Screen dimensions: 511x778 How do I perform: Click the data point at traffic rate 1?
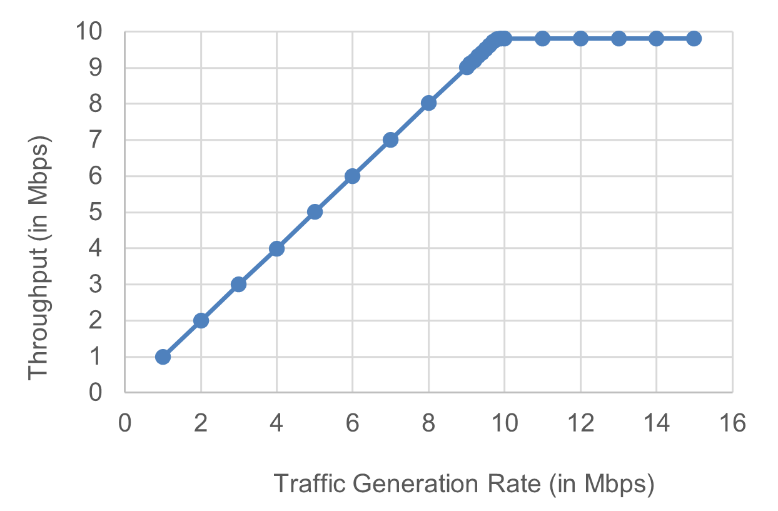[163, 357]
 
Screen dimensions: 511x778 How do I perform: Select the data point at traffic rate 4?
[276, 248]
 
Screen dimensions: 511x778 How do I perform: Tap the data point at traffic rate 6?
[352, 176]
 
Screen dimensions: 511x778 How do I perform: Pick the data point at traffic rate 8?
[428, 103]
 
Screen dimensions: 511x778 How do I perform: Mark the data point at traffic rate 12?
[580, 38]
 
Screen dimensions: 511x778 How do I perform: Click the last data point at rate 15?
[694, 38]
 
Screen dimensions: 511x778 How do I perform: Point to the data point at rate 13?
[619, 38]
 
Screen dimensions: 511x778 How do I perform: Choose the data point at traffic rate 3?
[238, 284]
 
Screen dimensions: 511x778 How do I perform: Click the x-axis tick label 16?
[732, 424]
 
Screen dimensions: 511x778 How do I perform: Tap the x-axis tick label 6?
[352, 424]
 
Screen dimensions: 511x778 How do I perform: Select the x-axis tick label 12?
[580, 424]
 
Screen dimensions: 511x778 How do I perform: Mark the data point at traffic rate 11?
[542, 38]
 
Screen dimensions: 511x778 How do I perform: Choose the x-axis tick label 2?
[201, 424]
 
